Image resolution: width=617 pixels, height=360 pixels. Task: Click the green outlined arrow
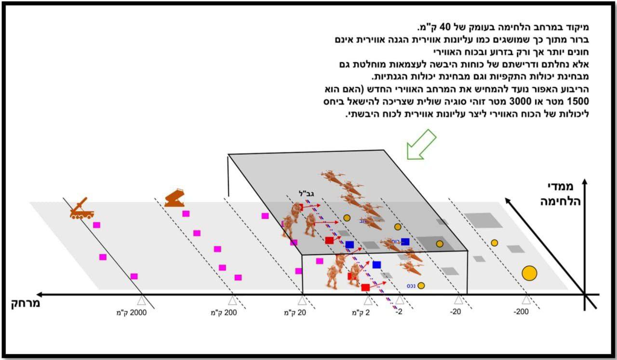click(420, 144)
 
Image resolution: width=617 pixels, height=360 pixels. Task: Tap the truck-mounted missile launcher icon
click(80, 209)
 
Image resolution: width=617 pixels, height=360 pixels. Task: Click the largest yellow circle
click(529, 273)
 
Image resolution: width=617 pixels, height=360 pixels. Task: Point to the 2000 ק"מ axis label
click(134, 312)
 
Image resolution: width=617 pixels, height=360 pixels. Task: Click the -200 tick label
click(521, 312)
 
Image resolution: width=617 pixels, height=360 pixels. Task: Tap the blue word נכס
click(411, 285)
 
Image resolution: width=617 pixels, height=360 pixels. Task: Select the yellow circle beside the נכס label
click(421, 285)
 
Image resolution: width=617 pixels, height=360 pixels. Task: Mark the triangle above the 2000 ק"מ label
click(141, 301)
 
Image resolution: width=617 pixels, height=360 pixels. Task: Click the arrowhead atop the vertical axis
click(584, 182)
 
